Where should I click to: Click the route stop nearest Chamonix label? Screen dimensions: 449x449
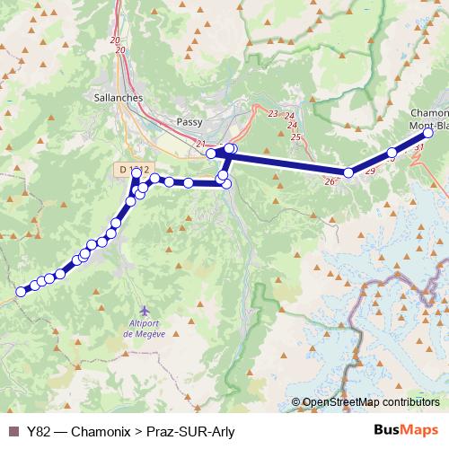pos(428,133)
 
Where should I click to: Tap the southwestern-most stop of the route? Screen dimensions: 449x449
pos(21,291)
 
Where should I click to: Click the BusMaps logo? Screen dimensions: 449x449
pos(407,430)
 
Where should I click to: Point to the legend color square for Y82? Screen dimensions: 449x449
pos(13,431)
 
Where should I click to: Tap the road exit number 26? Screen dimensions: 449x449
pos(330,182)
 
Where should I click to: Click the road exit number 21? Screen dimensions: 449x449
pos(199,145)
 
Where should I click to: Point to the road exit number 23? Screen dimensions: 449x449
pos(273,114)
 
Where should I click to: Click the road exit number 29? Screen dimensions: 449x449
pos(370,170)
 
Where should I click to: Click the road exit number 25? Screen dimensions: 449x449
pos(295,137)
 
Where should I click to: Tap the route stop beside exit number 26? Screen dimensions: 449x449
pos(348,172)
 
